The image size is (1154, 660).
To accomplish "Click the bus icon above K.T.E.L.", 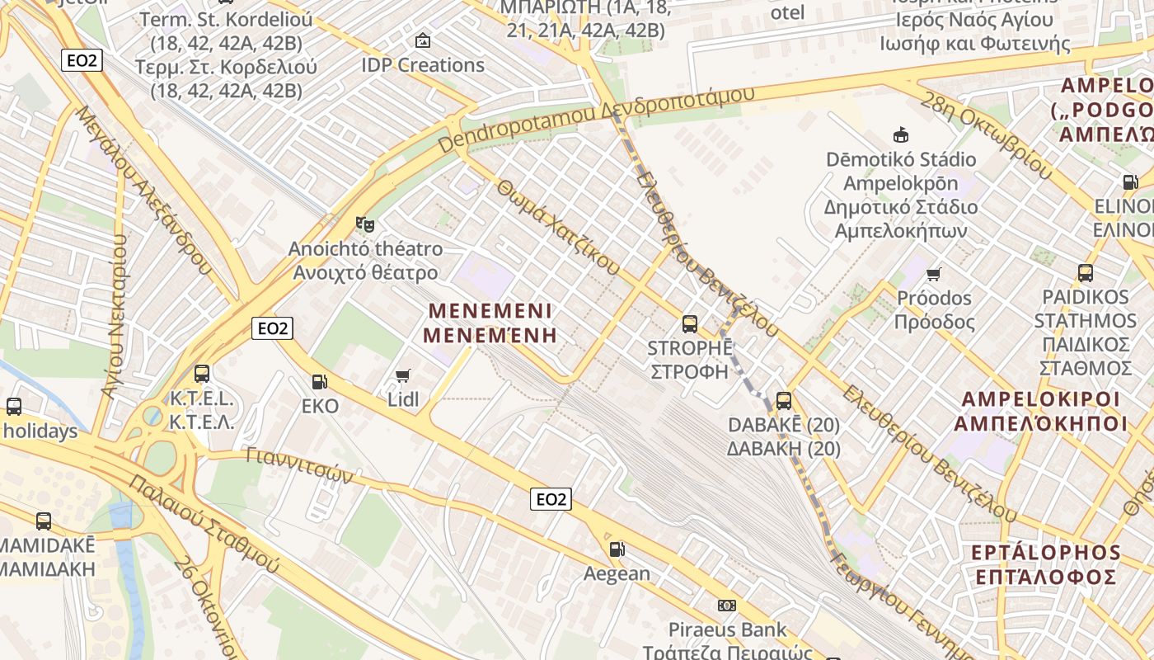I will [202, 374].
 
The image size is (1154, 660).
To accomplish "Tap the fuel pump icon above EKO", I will [319, 381].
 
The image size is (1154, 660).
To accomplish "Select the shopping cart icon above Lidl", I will [403, 376].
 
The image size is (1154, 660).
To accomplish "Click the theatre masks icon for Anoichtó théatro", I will [364, 224].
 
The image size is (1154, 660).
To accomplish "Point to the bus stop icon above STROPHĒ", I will [690, 323].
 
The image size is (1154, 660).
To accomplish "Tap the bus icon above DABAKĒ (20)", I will [784, 401].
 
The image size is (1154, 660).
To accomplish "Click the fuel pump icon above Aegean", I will [617, 549].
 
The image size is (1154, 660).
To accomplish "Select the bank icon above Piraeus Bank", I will [727, 606].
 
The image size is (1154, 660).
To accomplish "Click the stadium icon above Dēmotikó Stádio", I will [901, 134].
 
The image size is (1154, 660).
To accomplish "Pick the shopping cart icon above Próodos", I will [934, 274].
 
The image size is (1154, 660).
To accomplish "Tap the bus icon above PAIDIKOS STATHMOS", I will [1086, 272].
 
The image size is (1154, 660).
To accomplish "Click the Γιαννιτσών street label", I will [300, 465].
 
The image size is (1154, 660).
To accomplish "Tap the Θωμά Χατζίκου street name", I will [559, 227].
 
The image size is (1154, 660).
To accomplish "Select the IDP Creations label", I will [423, 64].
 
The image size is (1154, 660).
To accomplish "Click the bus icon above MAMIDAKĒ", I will [44, 521].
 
